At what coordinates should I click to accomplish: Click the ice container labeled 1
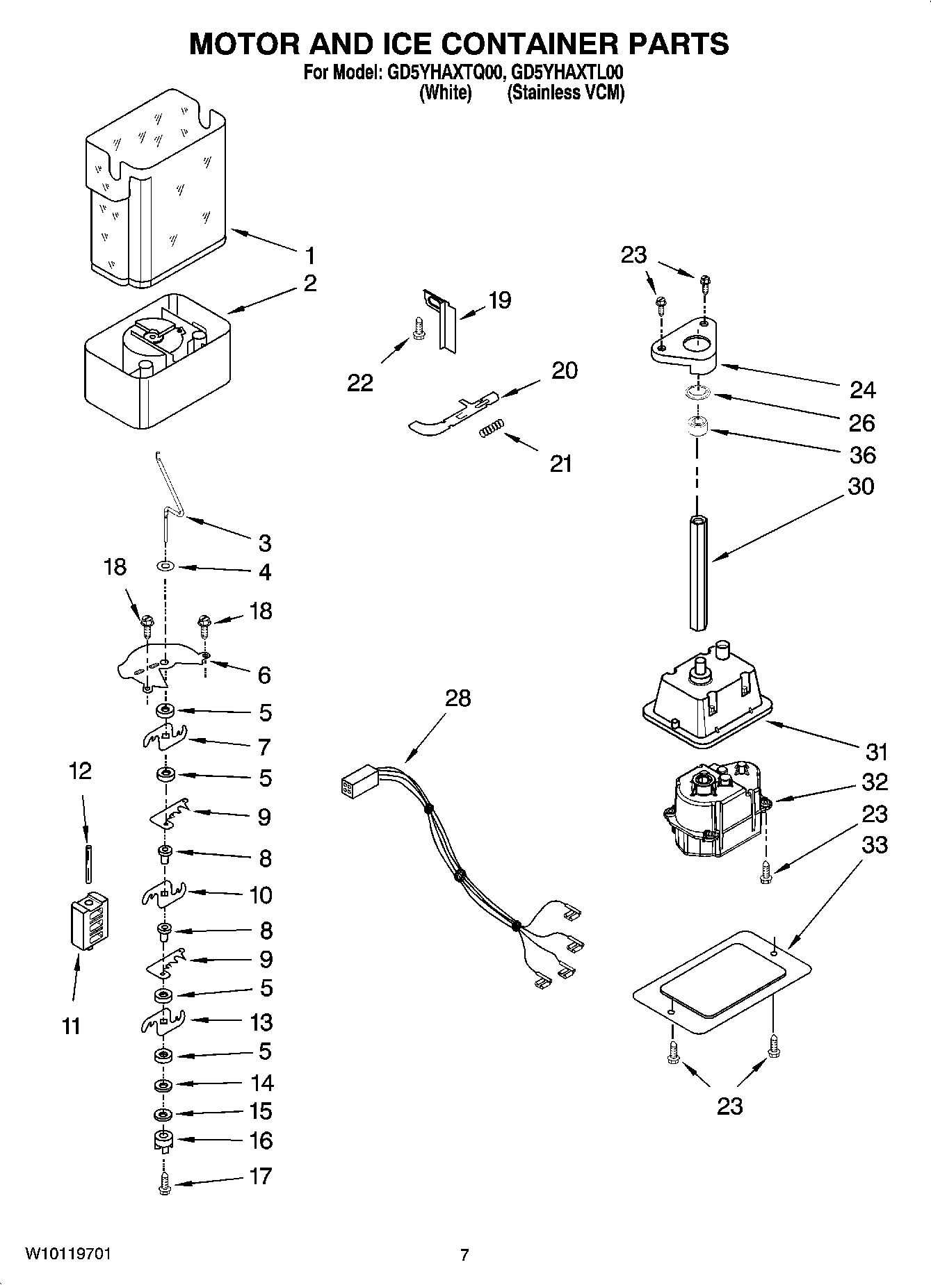pyautogui.click(x=156, y=191)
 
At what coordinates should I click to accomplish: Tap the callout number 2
pyautogui.click(x=310, y=283)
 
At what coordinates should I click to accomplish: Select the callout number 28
pyautogui.click(x=458, y=698)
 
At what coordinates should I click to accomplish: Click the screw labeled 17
pyautogui.click(x=165, y=1184)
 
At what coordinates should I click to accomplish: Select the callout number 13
pyautogui.click(x=261, y=1022)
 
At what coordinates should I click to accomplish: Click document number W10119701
pyautogui.click(x=67, y=1254)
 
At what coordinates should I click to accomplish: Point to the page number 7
pyautogui.click(x=464, y=1255)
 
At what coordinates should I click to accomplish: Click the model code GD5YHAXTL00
pyautogui.click(x=566, y=72)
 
